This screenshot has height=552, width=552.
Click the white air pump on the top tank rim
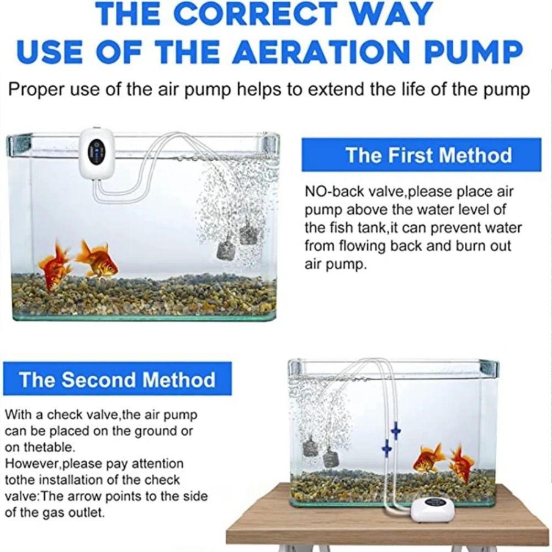pyautogui.click(x=96, y=153)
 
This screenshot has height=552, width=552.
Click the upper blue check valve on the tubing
pyautogui.click(x=395, y=430)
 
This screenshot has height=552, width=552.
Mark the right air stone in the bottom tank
pyautogui.click(x=331, y=457)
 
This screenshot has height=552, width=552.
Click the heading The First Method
pyautogui.click(x=428, y=155)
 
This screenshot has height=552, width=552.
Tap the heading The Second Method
pyautogui.click(x=117, y=380)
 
